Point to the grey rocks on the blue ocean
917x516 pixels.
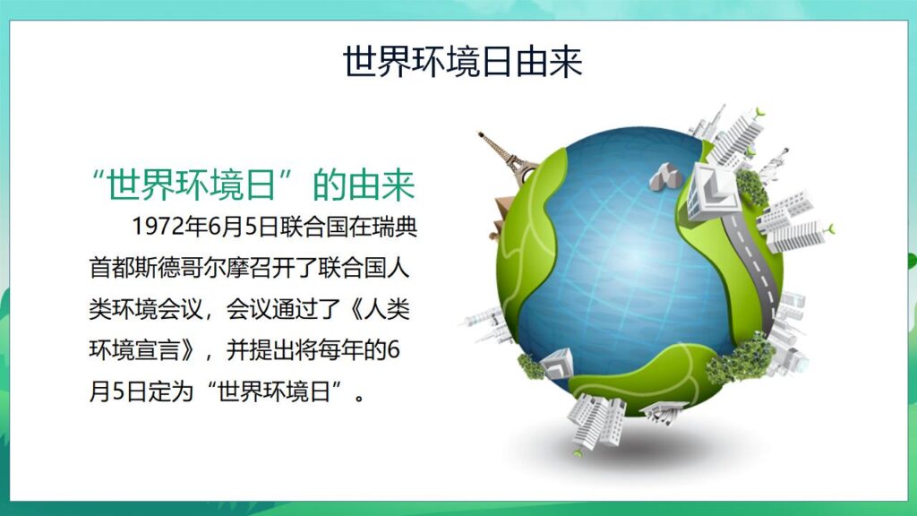click(665, 176)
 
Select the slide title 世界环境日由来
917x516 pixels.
click(462, 62)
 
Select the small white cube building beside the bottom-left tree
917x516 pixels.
click(557, 362)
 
